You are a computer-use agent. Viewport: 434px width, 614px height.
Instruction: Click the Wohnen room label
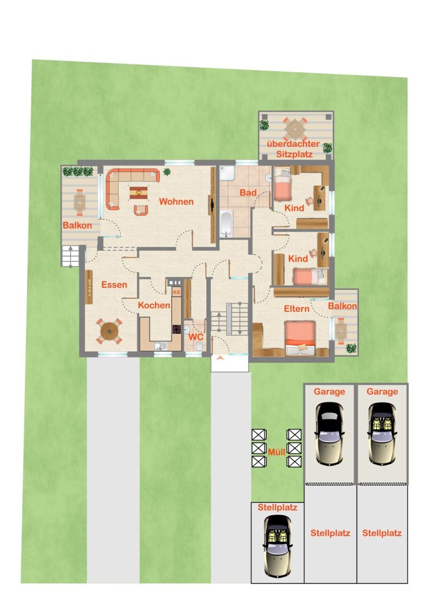pyautogui.click(x=176, y=202)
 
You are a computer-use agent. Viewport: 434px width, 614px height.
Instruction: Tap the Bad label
pyautogui.click(x=248, y=192)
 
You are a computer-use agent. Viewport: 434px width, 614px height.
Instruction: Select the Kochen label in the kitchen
pyautogui.click(x=154, y=305)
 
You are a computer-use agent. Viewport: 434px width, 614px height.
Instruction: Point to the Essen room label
pyautogui.click(x=114, y=285)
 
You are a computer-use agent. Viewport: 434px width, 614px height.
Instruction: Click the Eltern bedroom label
pyautogui.click(x=297, y=308)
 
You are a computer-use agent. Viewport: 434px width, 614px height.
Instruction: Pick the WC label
pyautogui.click(x=196, y=337)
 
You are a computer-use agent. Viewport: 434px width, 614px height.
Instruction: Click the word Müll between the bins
pyautogui.click(x=276, y=452)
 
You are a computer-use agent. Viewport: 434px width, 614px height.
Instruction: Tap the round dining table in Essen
pyautogui.click(x=110, y=332)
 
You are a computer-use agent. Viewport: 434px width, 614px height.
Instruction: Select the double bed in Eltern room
pyautogui.click(x=300, y=338)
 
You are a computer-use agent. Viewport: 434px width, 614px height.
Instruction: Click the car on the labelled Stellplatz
pyautogui.click(x=277, y=546)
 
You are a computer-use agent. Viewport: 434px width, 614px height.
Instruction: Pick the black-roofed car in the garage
pyautogui.click(x=330, y=433)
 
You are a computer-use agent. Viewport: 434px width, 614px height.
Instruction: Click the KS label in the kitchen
pyautogui.click(x=177, y=292)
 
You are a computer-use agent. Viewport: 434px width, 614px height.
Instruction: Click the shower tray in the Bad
pyautogui.click(x=227, y=173)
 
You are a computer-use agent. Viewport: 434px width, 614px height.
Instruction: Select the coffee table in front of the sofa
pyautogui.click(x=138, y=193)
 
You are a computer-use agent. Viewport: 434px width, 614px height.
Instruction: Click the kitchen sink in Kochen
pyautogui.click(x=160, y=346)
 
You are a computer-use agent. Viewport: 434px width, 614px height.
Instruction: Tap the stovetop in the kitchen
pyautogui.click(x=177, y=329)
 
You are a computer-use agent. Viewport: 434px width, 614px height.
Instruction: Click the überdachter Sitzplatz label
pyautogui.click(x=293, y=149)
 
